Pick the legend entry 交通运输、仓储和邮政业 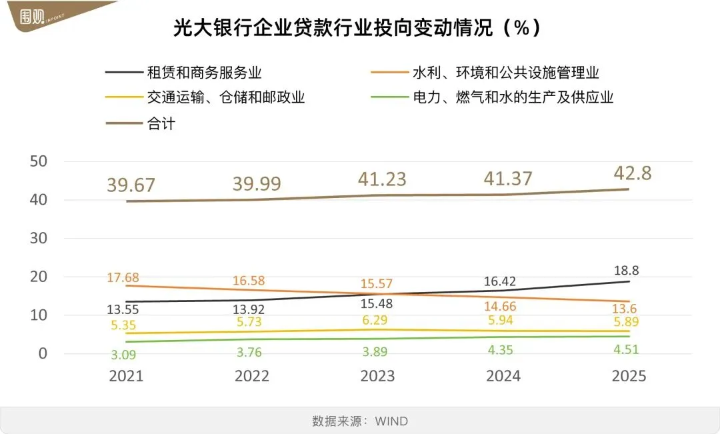click(x=225, y=97)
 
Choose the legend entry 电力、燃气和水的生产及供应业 click(x=513, y=97)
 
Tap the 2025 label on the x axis click(x=629, y=376)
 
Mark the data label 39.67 click(x=131, y=185)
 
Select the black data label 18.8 click(x=629, y=271)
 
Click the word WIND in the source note click(x=391, y=421)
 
